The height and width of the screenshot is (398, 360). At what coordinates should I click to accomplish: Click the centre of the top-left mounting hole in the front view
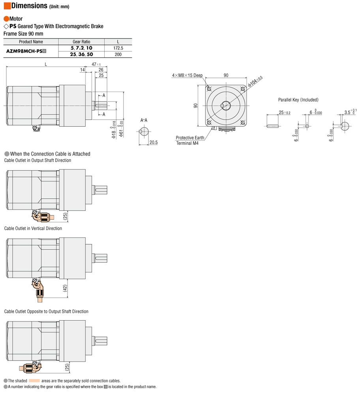coord(209,88)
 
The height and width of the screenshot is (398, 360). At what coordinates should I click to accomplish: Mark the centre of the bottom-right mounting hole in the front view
coord(243,122)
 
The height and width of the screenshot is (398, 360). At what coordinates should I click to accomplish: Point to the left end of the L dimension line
coord(6,67)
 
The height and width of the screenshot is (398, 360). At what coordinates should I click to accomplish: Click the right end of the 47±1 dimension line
coord(107,67)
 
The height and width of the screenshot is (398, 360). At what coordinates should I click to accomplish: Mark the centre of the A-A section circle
coord(144,131)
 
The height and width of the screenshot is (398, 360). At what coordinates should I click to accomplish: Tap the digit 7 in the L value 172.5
coord(116,48)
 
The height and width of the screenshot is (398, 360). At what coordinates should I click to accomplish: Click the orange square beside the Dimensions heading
coord(7,6)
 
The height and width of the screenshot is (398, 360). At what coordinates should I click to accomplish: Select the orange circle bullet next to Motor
coord(6,19)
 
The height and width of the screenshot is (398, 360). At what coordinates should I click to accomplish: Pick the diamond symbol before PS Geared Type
coord(6,26)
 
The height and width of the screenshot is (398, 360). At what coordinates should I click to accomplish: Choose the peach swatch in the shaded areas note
coord(34,381)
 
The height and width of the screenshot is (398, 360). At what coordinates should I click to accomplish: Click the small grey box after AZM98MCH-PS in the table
coord(44,51)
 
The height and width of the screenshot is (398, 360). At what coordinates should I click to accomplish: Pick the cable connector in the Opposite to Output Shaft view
coord(30,367)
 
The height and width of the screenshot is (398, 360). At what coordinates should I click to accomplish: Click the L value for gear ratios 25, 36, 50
coord(118,54)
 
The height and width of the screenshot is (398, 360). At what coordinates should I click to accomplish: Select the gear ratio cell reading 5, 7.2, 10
coord(81,48)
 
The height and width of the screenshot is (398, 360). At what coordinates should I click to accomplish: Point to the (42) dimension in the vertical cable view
coord(65,288)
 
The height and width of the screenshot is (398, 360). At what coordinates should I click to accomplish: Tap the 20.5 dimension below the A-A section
coord(154,143)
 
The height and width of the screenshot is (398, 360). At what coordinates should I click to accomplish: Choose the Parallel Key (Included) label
coord(298,100)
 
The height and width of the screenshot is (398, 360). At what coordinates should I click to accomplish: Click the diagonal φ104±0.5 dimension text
coord(255,81)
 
